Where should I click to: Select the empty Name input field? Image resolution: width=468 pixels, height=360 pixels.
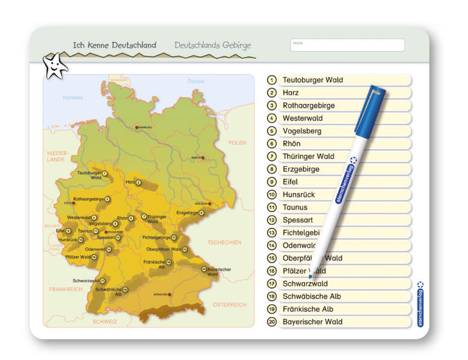pos(348,46)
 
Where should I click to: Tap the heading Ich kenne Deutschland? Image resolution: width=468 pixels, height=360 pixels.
pos(114,45)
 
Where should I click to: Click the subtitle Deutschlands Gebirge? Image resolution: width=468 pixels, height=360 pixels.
pos(212,45)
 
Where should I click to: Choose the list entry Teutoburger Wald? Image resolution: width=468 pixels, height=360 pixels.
pos(312,80)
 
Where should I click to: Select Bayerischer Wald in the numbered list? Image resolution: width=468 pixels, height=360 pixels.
pos(312,322)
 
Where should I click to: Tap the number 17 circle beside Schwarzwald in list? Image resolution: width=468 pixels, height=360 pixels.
pos(272,284)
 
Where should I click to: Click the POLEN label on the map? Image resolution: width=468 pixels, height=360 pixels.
pos(237,143)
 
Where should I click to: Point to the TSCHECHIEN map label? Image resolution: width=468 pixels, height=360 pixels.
pos(224,243)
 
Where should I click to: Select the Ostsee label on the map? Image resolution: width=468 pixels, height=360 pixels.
pos(196,81)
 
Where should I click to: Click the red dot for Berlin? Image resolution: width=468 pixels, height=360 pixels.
pos(203,158)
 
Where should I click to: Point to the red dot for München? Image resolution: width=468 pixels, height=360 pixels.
pos(170,294)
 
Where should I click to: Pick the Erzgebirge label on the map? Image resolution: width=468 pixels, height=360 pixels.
pos(186,213)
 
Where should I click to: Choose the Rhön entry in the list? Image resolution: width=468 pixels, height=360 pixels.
pos(291,144)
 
